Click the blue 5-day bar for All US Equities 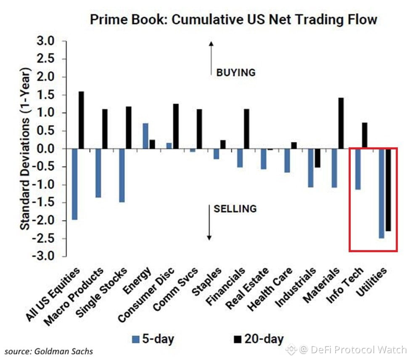pyautogui.click(x=74, y=184)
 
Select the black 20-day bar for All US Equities pyautogui.click(x=81, y=120)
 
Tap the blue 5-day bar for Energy pyautogui.click(x=145, y=136)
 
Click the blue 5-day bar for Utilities pyautogui.click(x=381, y=193)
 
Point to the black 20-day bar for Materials pyautogui.click(x=341, y=123)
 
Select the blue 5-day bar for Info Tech pyautogui.click(x=358, y=169)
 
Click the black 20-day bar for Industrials pyautogui.click(x=317, y=158)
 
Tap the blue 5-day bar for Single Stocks pyautogui.click(x=122, y=175)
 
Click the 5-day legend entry pyautogui.click(x=153, y=339)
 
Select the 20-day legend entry pyautogui.click(x=259, y=339)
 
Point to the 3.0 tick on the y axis pyautogui.click(x=45, y=41)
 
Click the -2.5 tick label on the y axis pyautogui.click(x=43, y=239)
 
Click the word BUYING pyautogui.click(x=235, y=73)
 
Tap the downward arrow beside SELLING pyautogui.click(x=209, y=222)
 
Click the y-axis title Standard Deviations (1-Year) pyautogui.click(x=25, y=149)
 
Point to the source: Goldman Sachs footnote pyautogui.click(x=49, y=351)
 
